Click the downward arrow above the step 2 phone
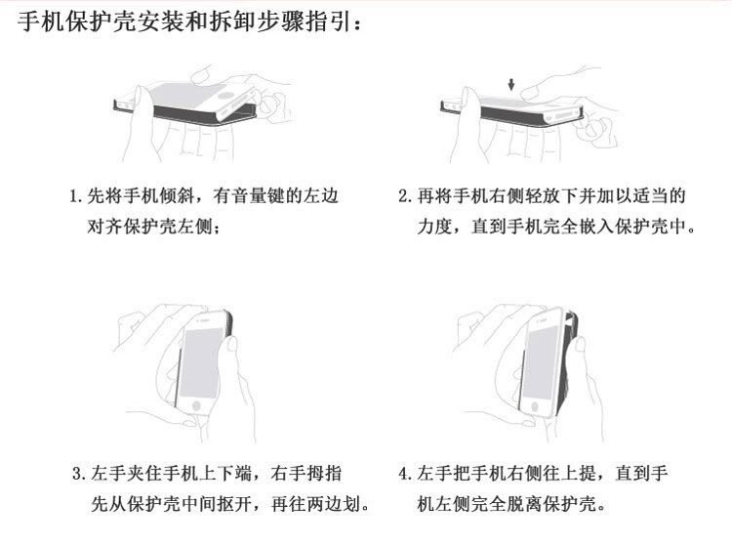[x=511, y=85]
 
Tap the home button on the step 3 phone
[x=196, y=405]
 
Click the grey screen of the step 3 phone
[x=202, y=362]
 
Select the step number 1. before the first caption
[x=76, y=196]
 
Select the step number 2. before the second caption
[x=405, y=196]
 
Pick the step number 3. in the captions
[x=79, y=474]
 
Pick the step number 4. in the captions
[x=405, y=474]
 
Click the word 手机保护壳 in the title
[x=76, y=21]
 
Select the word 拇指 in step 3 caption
[x=324, y=474]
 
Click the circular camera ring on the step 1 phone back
[x=226, y=96]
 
